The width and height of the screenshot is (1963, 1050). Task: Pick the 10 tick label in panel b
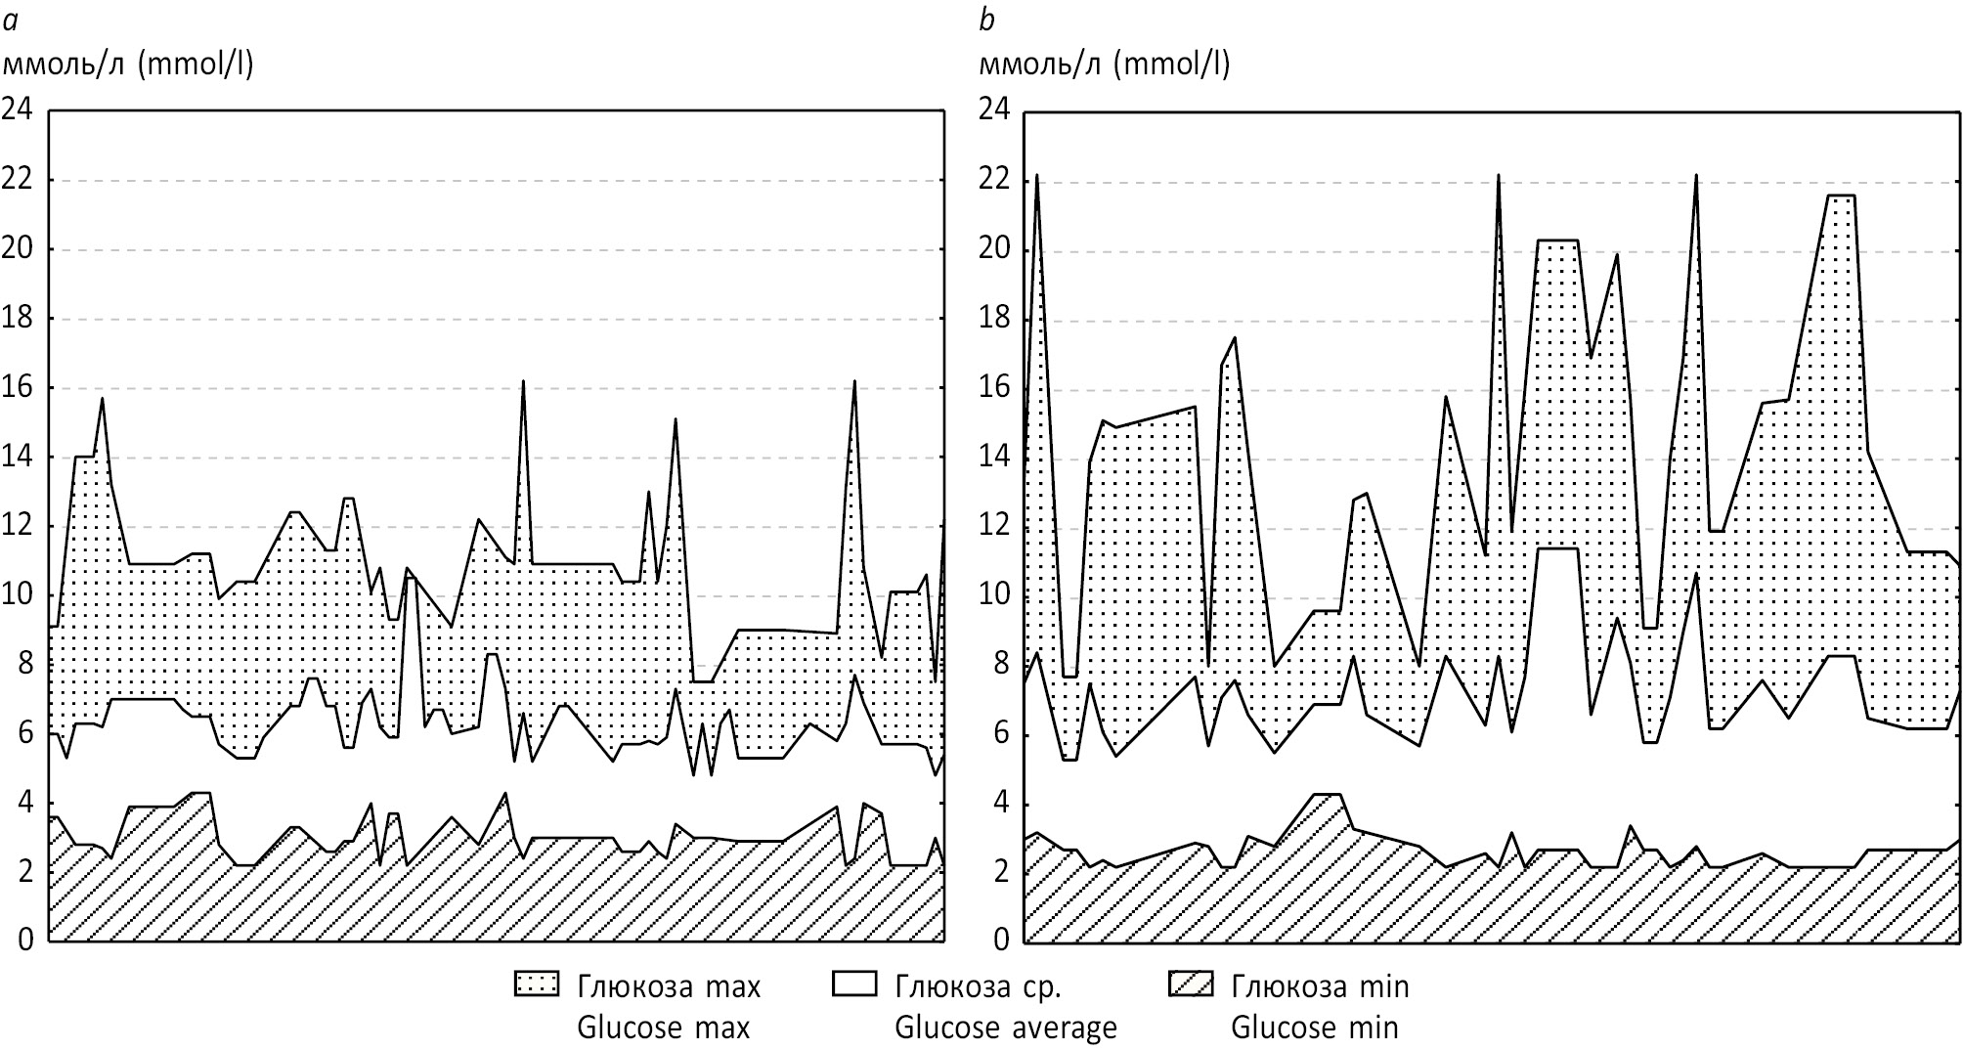[x=995, y=596]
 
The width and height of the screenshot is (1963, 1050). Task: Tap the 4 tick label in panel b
[x=1003, y=805]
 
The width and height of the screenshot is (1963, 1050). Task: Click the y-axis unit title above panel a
[x=129, y=65]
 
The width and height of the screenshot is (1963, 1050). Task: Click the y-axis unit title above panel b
[x=1105, y=65]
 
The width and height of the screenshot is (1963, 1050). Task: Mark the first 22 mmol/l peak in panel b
[x=1036, y=177]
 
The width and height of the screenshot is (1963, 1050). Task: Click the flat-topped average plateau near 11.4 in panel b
[x=1558, y=548]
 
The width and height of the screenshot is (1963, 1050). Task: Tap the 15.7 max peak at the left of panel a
[x=102, y=399]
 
